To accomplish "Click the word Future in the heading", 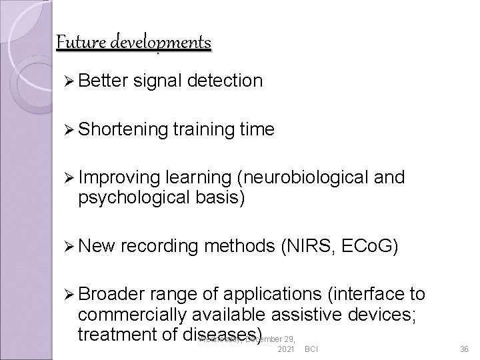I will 78,41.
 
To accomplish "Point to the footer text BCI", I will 311,349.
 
